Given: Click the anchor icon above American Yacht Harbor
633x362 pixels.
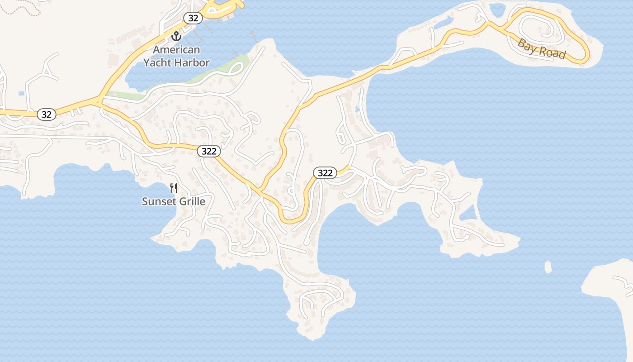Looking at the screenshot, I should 176,36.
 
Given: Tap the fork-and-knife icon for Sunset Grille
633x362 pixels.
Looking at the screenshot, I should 174,188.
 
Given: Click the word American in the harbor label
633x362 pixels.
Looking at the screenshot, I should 176,50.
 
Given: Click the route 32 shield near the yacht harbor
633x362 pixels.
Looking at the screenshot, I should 193,18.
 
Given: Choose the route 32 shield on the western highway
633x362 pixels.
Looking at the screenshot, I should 46,114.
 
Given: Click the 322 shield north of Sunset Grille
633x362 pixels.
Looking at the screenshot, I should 209,151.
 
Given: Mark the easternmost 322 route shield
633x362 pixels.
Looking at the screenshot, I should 325,173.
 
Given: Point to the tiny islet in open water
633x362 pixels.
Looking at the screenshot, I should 548,267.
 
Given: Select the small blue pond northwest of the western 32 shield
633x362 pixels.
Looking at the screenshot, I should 21,94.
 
